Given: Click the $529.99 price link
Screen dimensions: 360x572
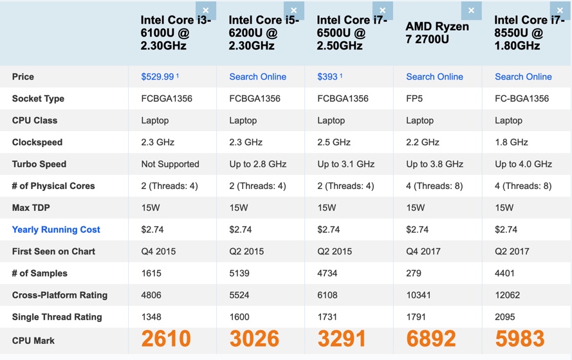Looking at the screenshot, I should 158,76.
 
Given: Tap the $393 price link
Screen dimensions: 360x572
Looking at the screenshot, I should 328,76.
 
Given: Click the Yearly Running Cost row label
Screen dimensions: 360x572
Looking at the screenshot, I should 56,230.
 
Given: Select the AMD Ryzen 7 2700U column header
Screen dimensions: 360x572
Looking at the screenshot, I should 437,33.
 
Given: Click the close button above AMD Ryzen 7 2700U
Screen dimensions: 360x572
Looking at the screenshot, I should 471,10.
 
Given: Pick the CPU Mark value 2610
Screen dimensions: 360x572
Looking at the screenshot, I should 166,339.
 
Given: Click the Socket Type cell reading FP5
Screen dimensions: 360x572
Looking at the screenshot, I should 415,98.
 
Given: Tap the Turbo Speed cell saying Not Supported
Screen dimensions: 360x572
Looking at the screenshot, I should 170,164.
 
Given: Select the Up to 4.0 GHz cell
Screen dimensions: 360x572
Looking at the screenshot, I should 523,164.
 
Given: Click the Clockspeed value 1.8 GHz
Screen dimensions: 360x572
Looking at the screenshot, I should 512,142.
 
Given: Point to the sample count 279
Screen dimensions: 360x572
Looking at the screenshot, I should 414,273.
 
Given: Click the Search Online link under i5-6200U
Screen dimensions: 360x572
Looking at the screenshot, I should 257,76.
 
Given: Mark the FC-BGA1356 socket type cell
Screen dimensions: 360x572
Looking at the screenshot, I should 522,98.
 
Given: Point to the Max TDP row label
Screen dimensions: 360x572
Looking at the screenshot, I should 31,208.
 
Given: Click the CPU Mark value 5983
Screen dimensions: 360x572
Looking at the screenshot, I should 519,339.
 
